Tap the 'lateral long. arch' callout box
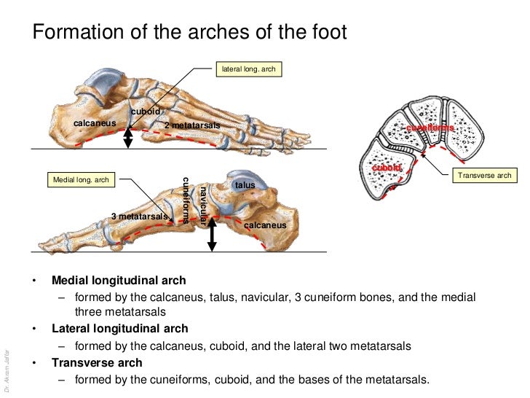pos(248,69)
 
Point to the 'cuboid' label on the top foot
pos(145,111)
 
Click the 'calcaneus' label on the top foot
pos(95,123)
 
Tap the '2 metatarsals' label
pos(191,126)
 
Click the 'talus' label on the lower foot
pos(245,185)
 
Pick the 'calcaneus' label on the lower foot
pos(265,225)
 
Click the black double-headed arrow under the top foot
pos(129,137)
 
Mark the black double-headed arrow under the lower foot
pos(212,235)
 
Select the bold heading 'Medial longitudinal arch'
pos(119,281)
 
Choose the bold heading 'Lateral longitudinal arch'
pos(119,329)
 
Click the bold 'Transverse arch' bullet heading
pos(97,362)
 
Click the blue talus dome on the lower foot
pos(242,175)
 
